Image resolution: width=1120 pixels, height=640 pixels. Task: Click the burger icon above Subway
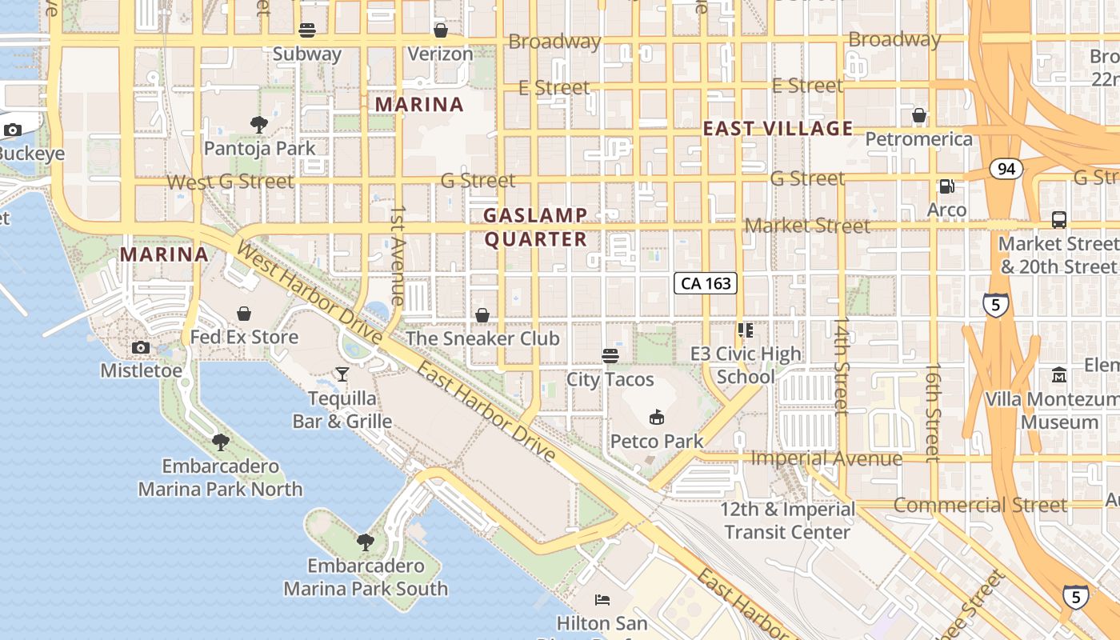[307, 30]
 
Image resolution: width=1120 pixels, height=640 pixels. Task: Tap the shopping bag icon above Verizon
[440, 30]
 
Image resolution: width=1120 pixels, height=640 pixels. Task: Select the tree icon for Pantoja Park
[258, 124]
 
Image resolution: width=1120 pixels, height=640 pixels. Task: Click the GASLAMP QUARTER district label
[535, 227]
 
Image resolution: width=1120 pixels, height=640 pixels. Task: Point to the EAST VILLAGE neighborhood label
[778, 129]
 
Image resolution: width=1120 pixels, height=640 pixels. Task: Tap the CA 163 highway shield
[704, 283]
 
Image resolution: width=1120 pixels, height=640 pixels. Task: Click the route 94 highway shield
[1006, 168]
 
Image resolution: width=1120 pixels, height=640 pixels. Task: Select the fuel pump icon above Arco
[946, 186]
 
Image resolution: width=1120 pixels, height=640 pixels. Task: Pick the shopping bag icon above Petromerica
[918, 115]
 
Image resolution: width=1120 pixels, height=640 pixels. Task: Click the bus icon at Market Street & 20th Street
[1058, 219]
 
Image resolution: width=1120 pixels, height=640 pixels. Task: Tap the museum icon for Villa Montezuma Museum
[1059, 374]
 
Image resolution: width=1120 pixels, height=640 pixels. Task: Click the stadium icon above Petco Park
[656, 416]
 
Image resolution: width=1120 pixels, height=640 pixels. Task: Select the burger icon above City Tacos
[610, 355]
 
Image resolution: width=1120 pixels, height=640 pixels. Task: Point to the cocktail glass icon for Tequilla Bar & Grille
[342, 374]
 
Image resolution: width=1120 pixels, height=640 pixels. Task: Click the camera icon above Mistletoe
[141, 346]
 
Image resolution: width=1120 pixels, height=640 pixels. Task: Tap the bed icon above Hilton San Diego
[602, 599]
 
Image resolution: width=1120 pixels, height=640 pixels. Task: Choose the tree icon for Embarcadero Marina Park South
[365, 542]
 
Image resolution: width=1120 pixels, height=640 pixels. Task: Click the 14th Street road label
[841, 366]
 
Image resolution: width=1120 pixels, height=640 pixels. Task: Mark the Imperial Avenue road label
[826, 458]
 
